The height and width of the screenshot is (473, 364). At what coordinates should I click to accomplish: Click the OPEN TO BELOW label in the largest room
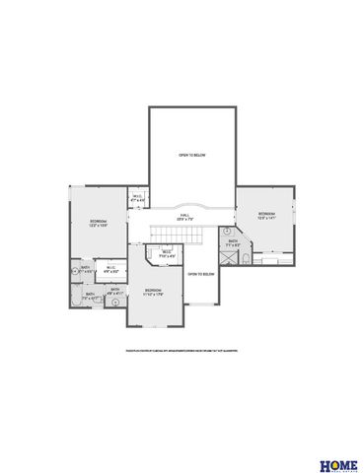191,156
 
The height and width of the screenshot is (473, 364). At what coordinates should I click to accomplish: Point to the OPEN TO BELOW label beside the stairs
201,275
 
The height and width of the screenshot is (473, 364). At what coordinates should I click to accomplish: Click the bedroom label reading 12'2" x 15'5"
98,224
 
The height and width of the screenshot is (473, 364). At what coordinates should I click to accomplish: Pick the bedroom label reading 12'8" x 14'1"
267,216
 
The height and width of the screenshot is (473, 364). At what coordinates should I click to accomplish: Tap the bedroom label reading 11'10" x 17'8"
153,293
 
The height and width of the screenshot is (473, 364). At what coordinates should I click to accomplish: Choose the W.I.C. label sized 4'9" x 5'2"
110,269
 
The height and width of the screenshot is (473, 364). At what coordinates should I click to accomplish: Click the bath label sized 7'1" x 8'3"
233,244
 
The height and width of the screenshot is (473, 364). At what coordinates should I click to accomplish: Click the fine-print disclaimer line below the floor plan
182,349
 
